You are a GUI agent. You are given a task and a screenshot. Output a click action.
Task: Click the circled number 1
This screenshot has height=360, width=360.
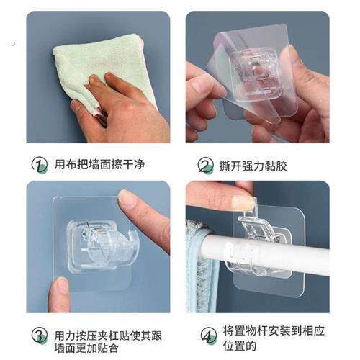[x=39, y=164]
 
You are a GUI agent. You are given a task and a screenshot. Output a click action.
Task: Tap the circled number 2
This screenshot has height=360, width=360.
[x=205, y=165]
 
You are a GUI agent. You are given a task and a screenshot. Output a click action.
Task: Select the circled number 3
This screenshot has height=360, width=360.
[x=39, y=336]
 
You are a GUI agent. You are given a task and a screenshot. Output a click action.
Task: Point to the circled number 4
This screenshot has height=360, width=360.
[x=208, y=336]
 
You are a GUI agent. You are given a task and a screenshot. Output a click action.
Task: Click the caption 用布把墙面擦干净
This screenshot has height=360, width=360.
[x=99, y=165]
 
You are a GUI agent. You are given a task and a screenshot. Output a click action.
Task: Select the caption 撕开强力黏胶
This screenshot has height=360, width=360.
[x=253, y=166]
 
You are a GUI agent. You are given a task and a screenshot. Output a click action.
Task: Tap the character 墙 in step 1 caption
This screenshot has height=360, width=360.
[x=94, y=165]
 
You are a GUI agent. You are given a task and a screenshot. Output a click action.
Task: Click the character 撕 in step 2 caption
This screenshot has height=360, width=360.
[x=225, y=166]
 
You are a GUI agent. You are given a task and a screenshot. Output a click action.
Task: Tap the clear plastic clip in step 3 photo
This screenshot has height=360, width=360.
[x=101, y=247]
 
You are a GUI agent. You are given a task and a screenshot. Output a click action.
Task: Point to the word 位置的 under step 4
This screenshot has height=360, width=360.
[x=240, y=346]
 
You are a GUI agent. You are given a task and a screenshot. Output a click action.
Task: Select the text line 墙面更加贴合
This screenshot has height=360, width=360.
[x=86, y=348]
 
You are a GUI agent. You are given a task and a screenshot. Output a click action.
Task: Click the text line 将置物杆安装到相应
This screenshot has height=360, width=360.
[x=274, y=330]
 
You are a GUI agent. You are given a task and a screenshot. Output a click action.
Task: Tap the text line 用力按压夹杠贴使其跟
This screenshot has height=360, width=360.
[x=108, y=336]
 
